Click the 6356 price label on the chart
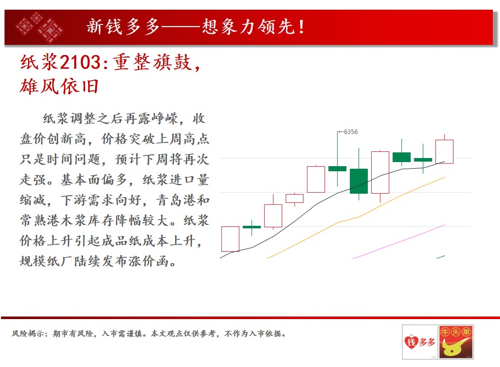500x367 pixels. (x=351, y=132)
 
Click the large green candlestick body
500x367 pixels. (x=359, y=181)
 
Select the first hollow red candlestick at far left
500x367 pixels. (x=230, y=239)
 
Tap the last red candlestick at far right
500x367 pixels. (x=445, y=151)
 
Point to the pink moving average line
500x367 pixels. (x=399, y=241)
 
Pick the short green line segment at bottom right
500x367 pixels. (x=441, y=256)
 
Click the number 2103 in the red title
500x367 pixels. (x=80, y=62)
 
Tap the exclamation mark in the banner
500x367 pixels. (x=301, y=27)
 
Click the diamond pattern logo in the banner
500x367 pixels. (x=40, y=27)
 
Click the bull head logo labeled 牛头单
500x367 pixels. (x=456, y=342)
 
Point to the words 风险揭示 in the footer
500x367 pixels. (x=28, y=333)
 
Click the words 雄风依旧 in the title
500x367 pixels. (x=59, y=86)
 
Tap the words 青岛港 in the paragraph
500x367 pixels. (x=176, y=200)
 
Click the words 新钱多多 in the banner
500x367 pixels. (x=123, y=27)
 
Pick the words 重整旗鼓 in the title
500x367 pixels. (x=153, y=62)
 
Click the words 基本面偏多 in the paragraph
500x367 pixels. (x=94, y=179)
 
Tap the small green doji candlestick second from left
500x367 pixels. (x=252, y=227)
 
